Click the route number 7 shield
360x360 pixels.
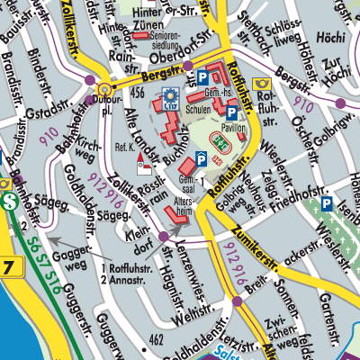(x=7, y=267)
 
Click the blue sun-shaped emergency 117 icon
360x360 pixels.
(x=168, y=96)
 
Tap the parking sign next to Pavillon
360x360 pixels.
(x=232, y=113)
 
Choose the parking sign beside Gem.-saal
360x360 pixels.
(x=202, y=158)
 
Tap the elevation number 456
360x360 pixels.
(x=138, y=93)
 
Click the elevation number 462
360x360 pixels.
(x=156, y=339)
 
